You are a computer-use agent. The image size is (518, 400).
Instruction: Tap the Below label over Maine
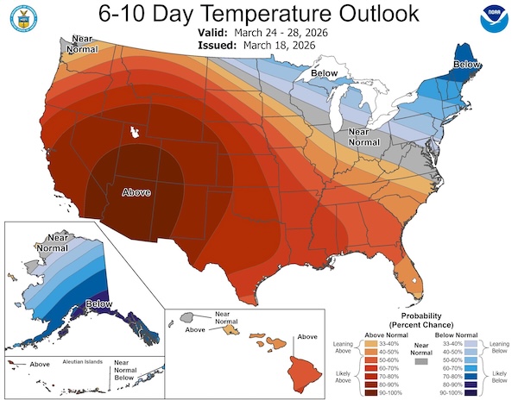467,65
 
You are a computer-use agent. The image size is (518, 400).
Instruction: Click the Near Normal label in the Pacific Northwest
83,44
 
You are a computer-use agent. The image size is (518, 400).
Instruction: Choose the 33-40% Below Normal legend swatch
469,343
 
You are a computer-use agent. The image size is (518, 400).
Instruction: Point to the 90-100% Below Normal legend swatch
469,391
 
